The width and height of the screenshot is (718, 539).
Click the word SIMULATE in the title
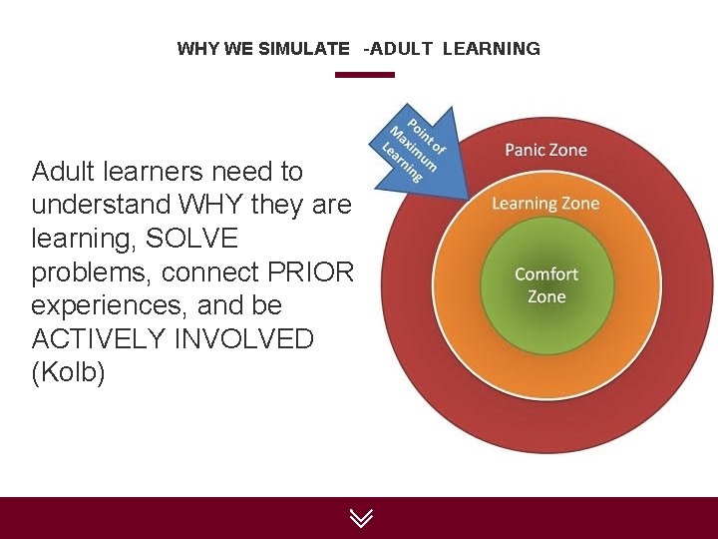coord(303,48)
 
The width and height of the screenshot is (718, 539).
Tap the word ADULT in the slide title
coord(403,48)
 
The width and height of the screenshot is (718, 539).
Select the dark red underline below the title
coord(364,74)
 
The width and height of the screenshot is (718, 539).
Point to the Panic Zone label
coord(545,150)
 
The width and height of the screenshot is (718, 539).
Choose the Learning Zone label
coord(545,203)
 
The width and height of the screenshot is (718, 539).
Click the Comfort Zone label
coord(545,284)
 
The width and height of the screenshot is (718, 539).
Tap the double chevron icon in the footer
coord(360,517)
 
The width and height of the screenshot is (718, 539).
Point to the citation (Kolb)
coord(68,373)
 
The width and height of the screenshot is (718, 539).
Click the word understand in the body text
coord(101,205)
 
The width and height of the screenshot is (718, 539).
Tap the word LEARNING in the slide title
coord(492,48)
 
